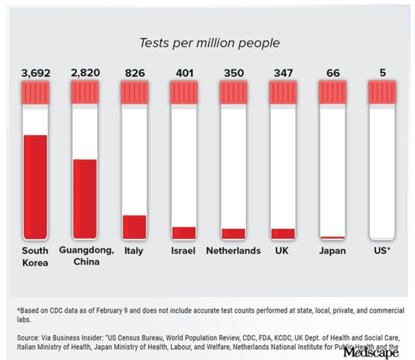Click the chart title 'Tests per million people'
click(210, 43)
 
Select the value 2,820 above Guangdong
click(85, 73)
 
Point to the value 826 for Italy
click(134, 73)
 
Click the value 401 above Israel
click(184, 73)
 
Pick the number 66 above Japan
click(333, 73)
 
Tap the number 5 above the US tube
click(382, 73)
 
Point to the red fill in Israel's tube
click(184, 233)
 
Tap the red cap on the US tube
click(382, 93)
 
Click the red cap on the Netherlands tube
click(234, 93)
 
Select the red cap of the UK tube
click(283, 93)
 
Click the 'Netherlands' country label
click(233, 251)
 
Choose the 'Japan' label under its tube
click(332, 251)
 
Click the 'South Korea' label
click(35, 257)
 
